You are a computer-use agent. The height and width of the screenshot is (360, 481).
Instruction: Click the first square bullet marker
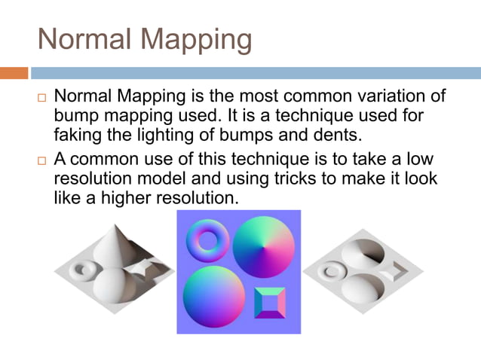[42, 99]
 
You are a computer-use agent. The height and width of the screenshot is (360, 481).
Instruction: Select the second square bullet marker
[42, 162]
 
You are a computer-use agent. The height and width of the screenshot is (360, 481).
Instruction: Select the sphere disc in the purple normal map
[214, 297]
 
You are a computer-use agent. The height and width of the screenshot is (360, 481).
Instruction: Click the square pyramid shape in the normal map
[270, 303]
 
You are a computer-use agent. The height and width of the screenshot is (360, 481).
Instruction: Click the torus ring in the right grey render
[331, 269]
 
